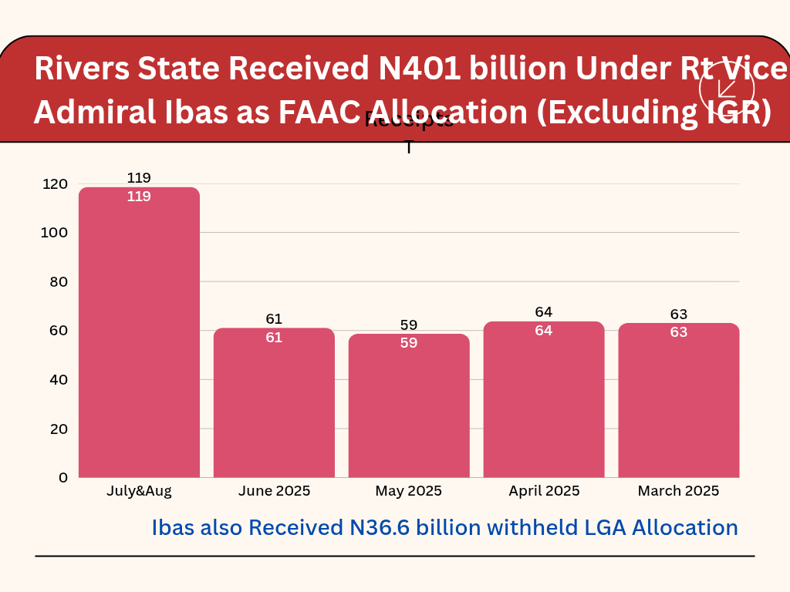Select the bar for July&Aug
pyautogui.click(x=139, y=332)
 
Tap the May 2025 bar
pyautogui.click(x=409, y=405)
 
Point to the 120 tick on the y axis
pyautogui.click(x=56, y=184)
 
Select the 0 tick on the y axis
pyautogui.click(x=63, y=478)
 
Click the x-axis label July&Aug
pyautogui.click(x=139, y=491)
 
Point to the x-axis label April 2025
pyautogui.click(x=544, y=491)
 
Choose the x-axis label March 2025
pyautogui.click(x=679, y=491)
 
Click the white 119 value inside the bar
pyautogui.click(x=139, y=197)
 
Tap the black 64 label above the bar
pyautogui.click(x=544, y=312)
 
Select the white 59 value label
pyautogui.click(x=409, y=343)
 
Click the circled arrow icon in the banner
pyautogui.click(x=726, y=88)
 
